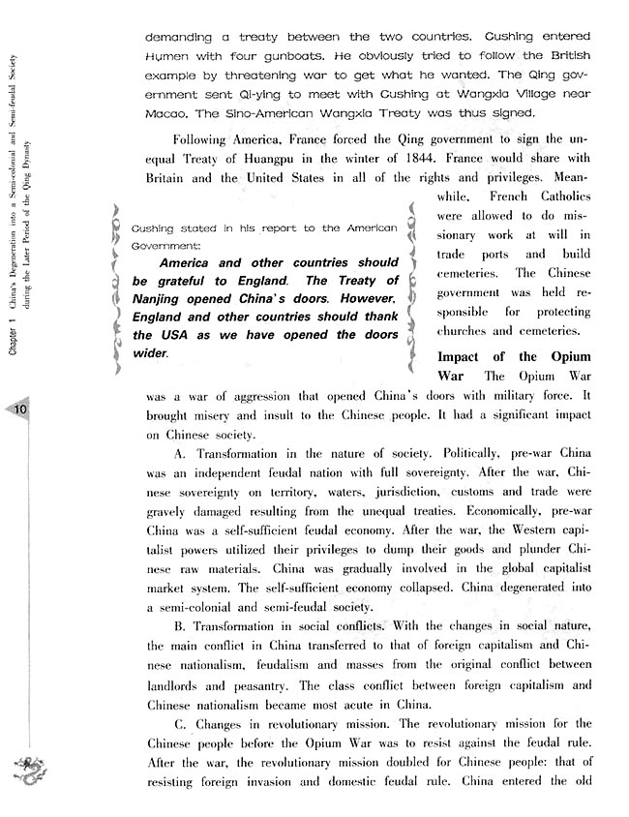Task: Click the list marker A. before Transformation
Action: point(179,453)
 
